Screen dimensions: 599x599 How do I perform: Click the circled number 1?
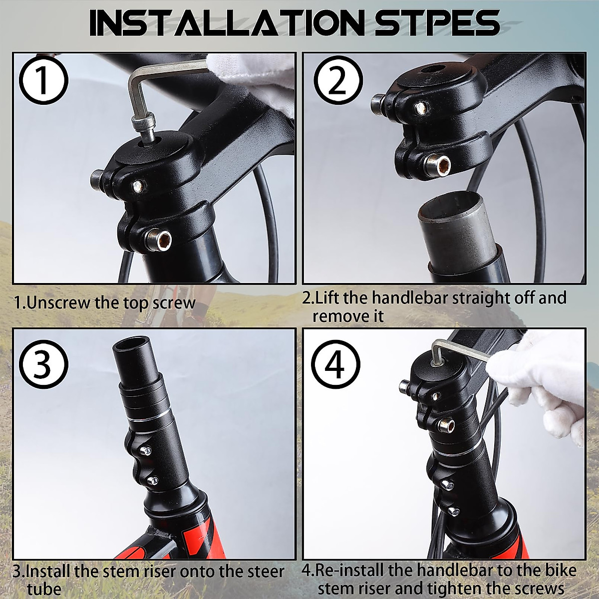(x=43, y=80)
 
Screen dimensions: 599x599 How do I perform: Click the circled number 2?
(x=338, y=80)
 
